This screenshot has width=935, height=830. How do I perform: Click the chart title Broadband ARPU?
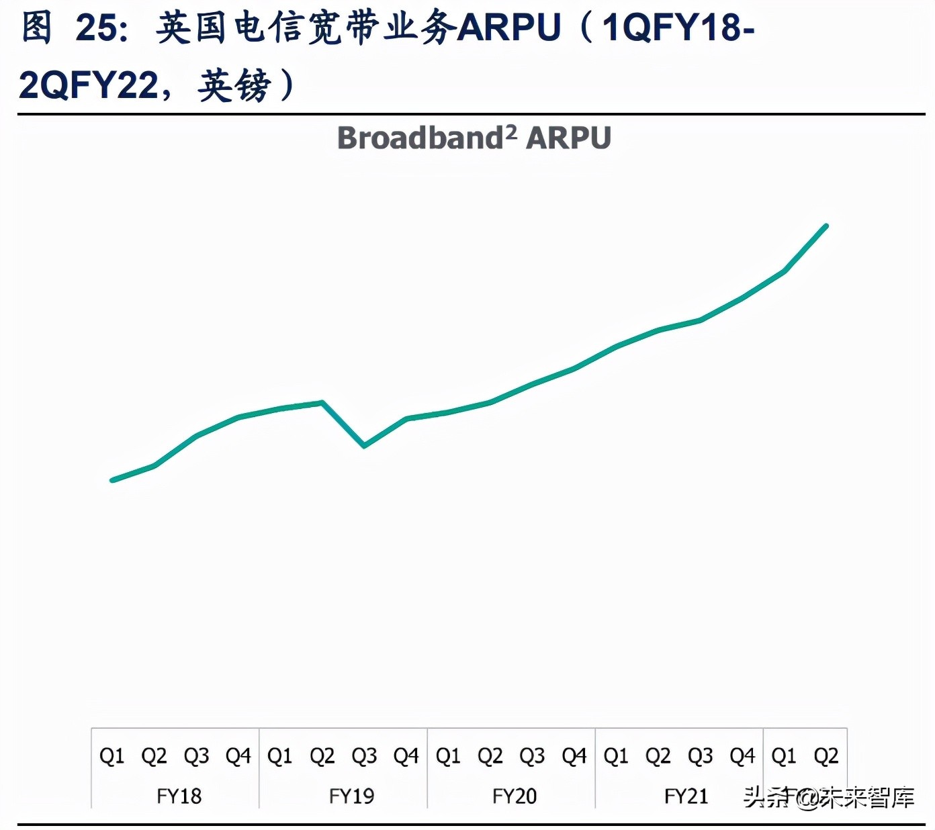click(x=474, y=138)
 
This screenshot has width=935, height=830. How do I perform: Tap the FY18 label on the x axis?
click(x=179, y=796)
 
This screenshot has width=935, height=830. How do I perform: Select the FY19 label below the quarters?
click(x=351, y=796)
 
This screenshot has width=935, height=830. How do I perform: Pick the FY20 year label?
click(x=515, y=796)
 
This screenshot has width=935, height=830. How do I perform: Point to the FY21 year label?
click(x=686, y=796)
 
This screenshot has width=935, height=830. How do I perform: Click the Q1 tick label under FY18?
click(x=112, y=756)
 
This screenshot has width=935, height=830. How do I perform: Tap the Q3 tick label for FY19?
click(x=364, y=756)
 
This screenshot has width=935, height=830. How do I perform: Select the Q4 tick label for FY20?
click(x=574, y=756)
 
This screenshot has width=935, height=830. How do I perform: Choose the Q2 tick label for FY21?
click(x=658, y=756)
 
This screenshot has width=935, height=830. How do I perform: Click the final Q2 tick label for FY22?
click(x=826, y=756)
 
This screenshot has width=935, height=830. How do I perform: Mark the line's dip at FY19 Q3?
click(x=364, y=445)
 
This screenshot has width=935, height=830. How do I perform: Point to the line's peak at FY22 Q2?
click(x=826, y=226)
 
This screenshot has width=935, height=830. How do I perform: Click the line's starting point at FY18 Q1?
click(x=112, y=480)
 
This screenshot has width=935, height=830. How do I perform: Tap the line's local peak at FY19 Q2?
click(x=322, y=402)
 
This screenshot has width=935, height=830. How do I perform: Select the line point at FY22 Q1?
click(x=785, y=271)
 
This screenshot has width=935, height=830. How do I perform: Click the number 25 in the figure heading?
click(x=97, y=28)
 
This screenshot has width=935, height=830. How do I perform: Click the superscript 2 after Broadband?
click(x=511, y=131)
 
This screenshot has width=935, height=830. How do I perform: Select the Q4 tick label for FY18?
click(x=238, y=756)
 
